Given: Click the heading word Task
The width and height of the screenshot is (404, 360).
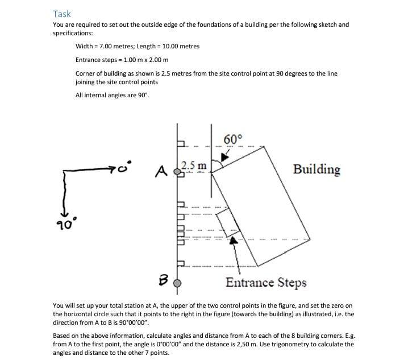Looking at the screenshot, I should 62,14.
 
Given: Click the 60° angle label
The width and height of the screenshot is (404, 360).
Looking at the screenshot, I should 233,139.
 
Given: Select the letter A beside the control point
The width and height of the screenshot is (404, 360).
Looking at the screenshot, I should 161,170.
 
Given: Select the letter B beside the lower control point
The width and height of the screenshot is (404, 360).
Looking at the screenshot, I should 162,279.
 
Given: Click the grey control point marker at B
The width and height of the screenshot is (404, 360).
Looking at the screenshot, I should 177,282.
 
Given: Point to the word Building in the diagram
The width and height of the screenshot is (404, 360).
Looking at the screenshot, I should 316,169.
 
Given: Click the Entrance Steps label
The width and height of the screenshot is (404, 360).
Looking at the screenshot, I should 266,283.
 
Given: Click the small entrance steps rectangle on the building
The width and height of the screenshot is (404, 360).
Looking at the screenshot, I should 226,220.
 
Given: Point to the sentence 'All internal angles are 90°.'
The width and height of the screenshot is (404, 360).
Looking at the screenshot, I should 113,95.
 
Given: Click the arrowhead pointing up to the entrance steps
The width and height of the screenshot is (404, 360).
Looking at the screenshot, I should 232,241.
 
